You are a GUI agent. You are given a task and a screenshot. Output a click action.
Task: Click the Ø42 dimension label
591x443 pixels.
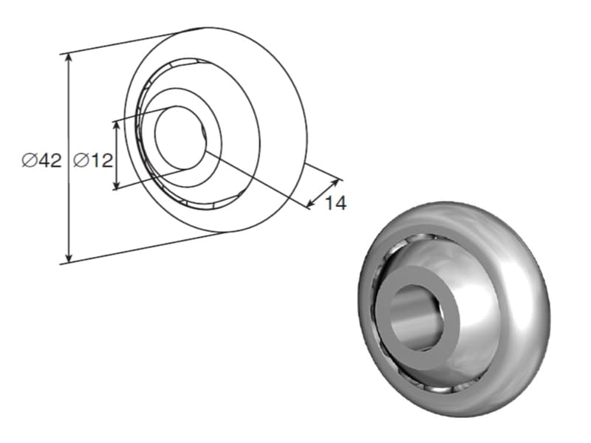pos(41,160)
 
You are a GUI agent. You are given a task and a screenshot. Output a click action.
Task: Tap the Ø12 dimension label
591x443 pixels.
pos(93,160)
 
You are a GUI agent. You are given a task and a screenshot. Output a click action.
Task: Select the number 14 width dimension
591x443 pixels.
pos(335,204)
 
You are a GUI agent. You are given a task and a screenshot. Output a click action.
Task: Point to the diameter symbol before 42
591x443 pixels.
pos(29,160)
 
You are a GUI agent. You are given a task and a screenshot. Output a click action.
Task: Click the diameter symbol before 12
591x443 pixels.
pos(81,160)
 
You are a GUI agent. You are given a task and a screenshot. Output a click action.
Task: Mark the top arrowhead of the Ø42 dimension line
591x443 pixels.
pos(69,58)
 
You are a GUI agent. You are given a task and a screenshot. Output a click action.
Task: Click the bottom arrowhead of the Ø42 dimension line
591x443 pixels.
pos(69,258)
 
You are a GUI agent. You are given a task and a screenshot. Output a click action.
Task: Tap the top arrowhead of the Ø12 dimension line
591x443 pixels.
pos(117,125)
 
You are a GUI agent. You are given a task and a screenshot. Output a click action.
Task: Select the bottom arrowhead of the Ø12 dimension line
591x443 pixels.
pos(117,185)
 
